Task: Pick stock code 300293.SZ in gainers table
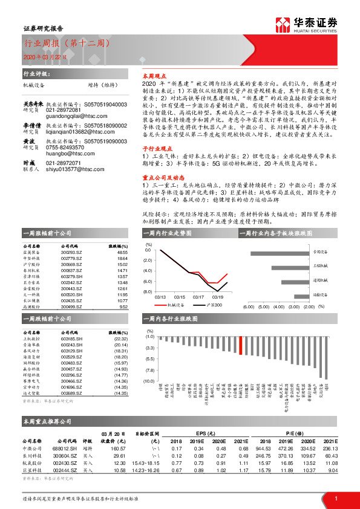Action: coord(70,253)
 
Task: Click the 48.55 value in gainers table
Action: coord(122,253)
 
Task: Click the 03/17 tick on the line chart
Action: coord(198,297)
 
